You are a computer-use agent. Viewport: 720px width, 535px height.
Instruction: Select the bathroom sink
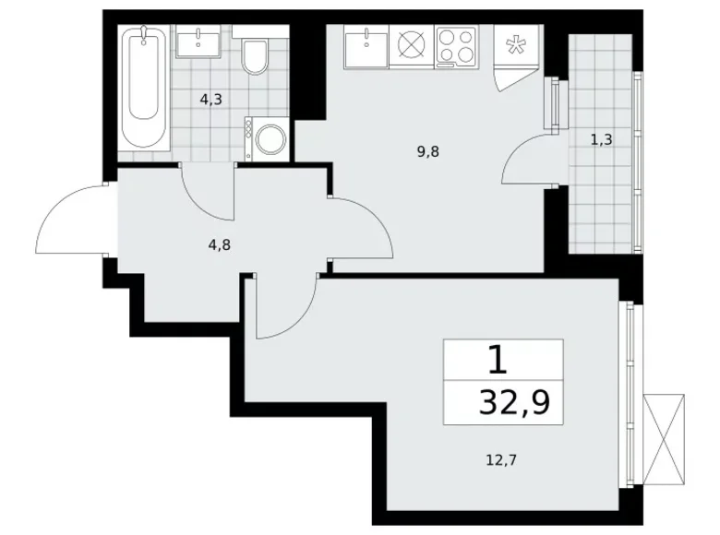tap(198, 42)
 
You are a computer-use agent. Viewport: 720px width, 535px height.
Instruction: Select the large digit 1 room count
tap(498, 359)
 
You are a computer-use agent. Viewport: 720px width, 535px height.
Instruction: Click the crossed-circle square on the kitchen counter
tap(409, 45)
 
